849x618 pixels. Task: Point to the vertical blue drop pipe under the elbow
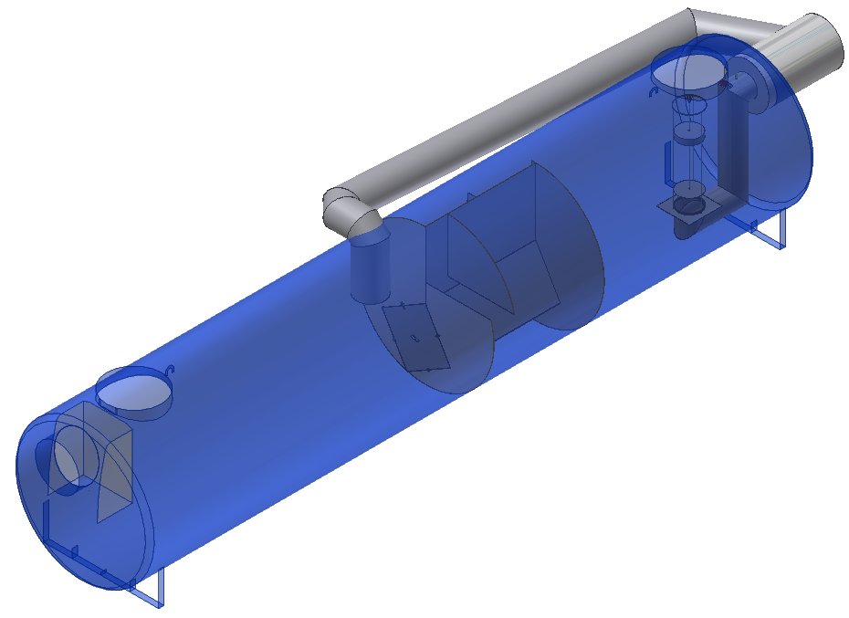click(x=370, y=269)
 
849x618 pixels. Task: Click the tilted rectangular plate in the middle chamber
click(x=416, y=336)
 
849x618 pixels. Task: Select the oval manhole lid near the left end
click(x=133, y=393)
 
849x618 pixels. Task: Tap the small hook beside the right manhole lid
click(x=654, y=91)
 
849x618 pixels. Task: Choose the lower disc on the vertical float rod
click(x=688, y=190)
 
